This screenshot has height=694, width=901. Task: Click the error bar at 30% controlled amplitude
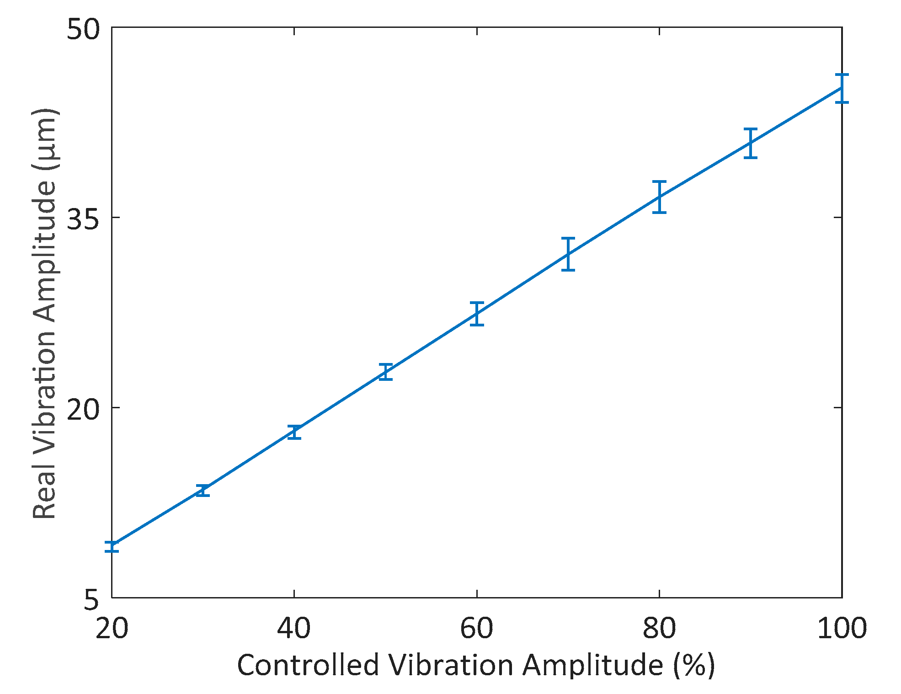pyautogui.click(x=203, y=490)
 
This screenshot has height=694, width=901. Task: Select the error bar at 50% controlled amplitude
pyautogui.click(x=386, y=372)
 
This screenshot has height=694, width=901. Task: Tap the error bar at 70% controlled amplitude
pyautogui.click(x=568, y=254)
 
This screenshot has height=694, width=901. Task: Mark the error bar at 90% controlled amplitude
pyautogui.click(x=751, y=143)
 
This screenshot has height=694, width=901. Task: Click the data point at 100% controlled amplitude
pyautogui.click(x=842, y=88)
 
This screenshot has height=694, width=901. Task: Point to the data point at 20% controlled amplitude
pyautogui.click(x=112, y=546)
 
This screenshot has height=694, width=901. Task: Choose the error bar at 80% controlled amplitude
pyautogui.click(x=659, y=197)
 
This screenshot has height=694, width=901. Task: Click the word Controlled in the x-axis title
pyautogui.click(x=308, y=665)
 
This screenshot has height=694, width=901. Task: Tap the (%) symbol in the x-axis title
pyautogui.click(x=694, y=665)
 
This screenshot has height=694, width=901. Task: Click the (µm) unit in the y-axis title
pyautogui.click(x=44, y=139)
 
